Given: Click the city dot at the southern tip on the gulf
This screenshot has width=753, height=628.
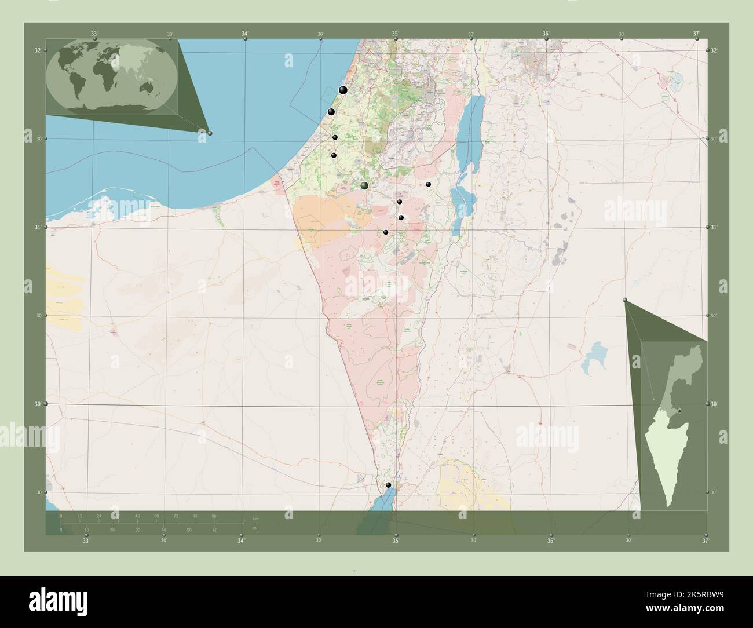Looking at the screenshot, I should (388, 485).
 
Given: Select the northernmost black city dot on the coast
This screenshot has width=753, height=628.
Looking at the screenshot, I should (343, 90).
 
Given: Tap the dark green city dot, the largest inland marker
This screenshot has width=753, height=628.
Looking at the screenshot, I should (364, 185).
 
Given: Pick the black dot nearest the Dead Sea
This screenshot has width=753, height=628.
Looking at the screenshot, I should (429, 184).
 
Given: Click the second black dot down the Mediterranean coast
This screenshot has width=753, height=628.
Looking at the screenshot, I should (331, 112).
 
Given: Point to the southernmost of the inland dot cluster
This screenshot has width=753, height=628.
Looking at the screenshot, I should (386, 232).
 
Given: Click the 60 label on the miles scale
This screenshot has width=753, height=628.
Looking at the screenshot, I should (215, 530).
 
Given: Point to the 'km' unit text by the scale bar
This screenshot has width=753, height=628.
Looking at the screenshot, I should (255, 517).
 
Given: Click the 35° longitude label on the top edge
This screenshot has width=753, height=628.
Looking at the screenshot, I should (396, 34).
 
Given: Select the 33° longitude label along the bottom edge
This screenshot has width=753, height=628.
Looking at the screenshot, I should (86, 541).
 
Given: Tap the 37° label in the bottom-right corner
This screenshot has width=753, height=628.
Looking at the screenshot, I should (705, 541).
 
